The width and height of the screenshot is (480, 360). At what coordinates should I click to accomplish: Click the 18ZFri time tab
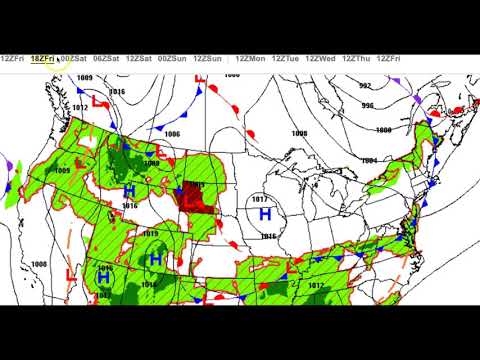pyautogui.click(x=43, y=59)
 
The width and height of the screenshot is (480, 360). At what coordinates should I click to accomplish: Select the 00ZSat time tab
pyautogui.click(x=73, y=59)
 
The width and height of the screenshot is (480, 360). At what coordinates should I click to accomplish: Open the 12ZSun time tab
pyautogui.click(x=207, y=59)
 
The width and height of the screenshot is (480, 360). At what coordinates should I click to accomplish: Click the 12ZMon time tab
pyautogui.click(x=251, y=59)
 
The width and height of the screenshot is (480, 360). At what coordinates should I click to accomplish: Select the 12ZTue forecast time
pyautogui.click(x=287, y=59)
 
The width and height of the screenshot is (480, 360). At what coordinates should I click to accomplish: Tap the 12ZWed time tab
pyautogui.click(x=323, y=59)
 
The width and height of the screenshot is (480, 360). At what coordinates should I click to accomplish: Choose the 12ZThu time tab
pyautogui.click(x=358, y=59)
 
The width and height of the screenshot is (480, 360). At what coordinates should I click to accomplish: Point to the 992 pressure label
pyautogui.click(x=365, y=86)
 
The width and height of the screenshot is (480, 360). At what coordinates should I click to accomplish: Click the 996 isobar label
pyautogui.click(x=368, y=106)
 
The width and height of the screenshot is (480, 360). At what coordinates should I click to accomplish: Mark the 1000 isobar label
pyautogui.click(x=382, y=130)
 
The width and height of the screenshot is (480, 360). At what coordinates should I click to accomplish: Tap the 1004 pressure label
pyautogui.click(x=369, y=160)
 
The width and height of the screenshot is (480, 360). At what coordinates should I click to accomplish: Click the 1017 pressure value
pyautogui.click(x=262, y=199)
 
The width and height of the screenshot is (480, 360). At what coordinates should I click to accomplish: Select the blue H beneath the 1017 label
pyautogui.click(x=265, y=214)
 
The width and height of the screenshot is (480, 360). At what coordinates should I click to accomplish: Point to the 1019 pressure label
pyautogui.click(x=150, y=234)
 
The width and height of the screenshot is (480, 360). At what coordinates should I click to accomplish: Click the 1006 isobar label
pyautogui.click(x=172, y=133)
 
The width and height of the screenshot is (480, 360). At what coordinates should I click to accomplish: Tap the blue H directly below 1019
pyautogui.click(x=155, y=259)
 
